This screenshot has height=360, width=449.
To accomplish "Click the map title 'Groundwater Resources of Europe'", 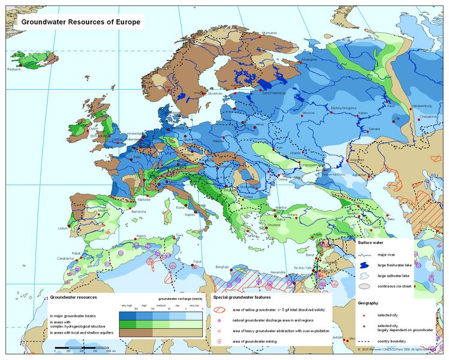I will coord(81,22).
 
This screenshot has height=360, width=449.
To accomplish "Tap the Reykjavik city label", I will coord(14,70).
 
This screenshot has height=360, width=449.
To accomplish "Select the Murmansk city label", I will coord(267,32).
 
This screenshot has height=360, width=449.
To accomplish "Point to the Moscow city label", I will coord(308,113).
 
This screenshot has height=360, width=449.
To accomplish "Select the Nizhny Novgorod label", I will coord(344,108).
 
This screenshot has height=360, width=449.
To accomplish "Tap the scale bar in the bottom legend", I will coord(84,348).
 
